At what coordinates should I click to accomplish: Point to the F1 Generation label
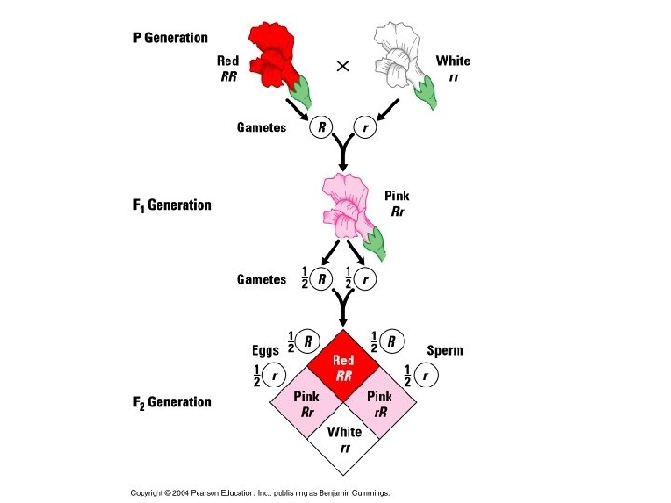pyautogui.click(x=172, y=205)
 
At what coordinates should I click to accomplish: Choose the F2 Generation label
pyautogui.click(x=172, y=402)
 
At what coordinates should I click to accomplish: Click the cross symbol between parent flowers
pyautogui.click(x=343, y=66)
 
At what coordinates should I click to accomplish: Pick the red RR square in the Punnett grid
pyautogui.click(x=345, y=366)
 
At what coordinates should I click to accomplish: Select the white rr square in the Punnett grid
pyautogui.click(x=345, y=438)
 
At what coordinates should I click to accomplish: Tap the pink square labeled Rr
pyautogui.click(x=308, y=402)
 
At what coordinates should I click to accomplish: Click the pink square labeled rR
pyautogui.click(x=380, y=402)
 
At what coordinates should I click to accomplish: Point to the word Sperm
pyautogui.click(x=445, y=351)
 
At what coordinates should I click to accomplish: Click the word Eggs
pyautogui.click(x=265, y=351)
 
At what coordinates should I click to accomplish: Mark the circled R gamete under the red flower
pyautogui.click(x=322, y=127)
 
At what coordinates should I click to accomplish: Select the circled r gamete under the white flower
pyautogui.click(x=365, y=127)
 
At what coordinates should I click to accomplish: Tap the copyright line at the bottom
pyautogui.click(x=260, y=492)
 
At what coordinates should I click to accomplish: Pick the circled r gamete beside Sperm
pyautogui.click(x=425, y=376)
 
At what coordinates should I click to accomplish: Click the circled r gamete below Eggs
pyautogui.click(x=274, y=376)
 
